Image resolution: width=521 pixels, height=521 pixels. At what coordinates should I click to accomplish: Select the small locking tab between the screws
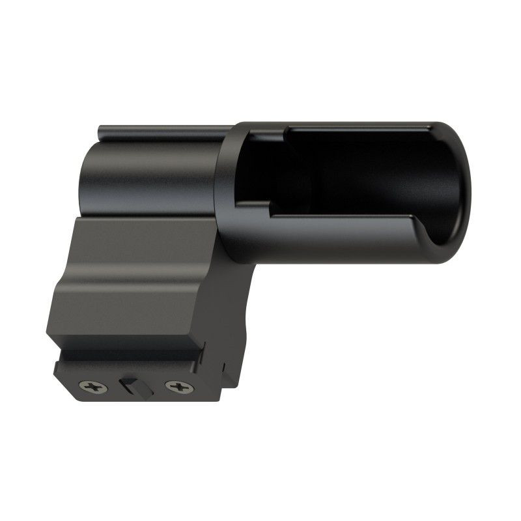pyautogui.click(x=131, y=385)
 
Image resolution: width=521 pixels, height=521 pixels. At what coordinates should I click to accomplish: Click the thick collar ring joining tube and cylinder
pyautogui.click(x=227, y=195)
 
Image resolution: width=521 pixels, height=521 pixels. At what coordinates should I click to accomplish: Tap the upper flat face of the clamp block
pyautogui.click(x=143, y=241)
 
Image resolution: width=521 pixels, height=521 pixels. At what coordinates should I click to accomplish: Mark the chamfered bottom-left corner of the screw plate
pyautogui.click(x=65, y=391)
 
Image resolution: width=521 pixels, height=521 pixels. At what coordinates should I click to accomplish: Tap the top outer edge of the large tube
pyautogui.click(x=345, y=123)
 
